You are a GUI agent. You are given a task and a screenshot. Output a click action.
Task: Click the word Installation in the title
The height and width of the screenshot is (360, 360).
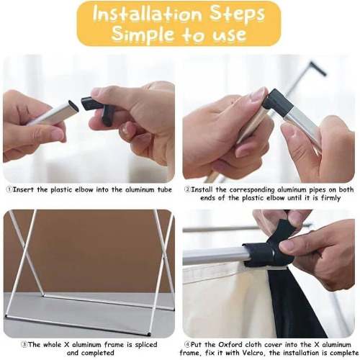coord(147,14)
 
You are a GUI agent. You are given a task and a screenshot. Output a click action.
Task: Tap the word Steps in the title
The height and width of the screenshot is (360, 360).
coord(237,15)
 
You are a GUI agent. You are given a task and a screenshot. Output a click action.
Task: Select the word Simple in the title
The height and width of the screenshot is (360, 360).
coord(143,33)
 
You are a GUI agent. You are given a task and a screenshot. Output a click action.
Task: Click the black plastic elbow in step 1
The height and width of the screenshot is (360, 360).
coord(98,109)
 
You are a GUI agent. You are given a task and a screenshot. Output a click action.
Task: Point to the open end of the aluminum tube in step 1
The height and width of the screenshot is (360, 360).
coord(73,107)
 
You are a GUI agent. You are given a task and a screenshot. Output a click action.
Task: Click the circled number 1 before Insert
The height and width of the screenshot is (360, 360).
coord(9,189)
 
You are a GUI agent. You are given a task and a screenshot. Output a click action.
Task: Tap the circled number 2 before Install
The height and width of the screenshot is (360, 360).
coord(187,189)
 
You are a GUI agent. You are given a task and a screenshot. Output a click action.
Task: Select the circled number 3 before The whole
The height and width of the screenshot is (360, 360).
coord(24,345)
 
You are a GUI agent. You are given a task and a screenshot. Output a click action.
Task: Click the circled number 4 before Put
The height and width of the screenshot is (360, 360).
coord(187,345)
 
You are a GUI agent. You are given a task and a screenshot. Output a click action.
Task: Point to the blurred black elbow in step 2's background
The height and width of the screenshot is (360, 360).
coord(318,68)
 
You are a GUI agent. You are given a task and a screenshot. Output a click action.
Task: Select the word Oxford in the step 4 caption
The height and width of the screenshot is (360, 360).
coord(230,345)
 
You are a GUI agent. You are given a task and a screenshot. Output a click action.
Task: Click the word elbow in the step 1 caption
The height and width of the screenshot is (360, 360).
coord(84,189)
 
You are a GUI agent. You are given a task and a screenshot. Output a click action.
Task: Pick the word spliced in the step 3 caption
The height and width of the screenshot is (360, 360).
coord(146,345)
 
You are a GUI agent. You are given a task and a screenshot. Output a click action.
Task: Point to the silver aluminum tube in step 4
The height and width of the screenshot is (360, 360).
coord(215,256)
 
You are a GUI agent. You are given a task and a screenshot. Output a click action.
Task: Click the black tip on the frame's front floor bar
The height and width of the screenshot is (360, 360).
coord(149,333)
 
